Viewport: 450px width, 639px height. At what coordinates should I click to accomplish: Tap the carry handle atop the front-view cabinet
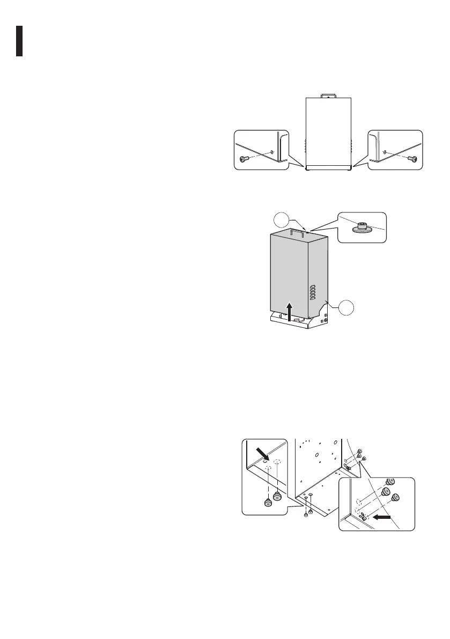(x=328, y=96)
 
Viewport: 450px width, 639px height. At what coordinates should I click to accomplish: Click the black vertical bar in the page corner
(x=19, y=40)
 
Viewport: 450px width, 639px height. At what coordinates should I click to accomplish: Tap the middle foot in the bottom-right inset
(x=385, y=493)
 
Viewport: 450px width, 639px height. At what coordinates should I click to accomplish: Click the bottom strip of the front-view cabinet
(x=328, y=167)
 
